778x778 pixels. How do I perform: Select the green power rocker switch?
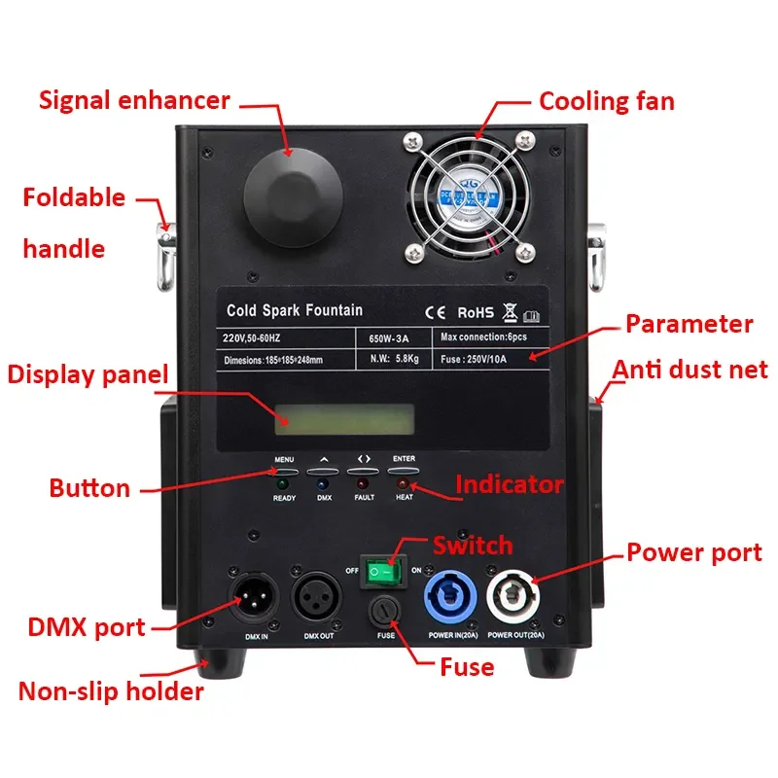pyautogui.click(x=383, y=574)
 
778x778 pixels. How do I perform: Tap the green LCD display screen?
pyautogui.click(x=343, y=419)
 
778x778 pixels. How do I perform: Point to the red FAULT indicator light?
pyautogui.click(x=364, y=483)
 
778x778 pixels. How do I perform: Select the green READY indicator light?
pyautogui.click(x=284, y=483)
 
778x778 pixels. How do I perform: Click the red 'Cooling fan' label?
pyautogui.click(x=606, y=101)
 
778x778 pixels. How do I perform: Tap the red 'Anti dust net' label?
pyautogui.click(x=690, y=370)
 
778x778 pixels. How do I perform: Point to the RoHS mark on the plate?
pyautogui.click(x=476, y=312)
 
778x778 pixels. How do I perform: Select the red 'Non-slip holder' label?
pyautogui.click(x=111, y=692)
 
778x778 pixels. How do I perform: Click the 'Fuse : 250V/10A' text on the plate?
pyautogui.click(x=487, y=358)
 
